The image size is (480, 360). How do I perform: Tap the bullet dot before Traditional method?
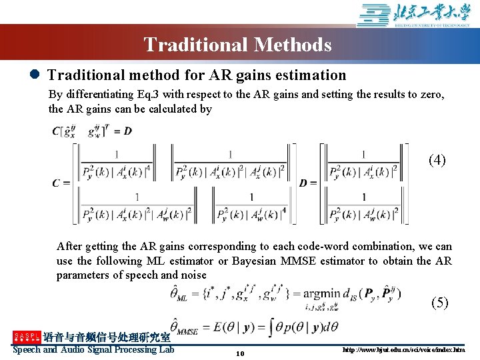[x=34, y=75]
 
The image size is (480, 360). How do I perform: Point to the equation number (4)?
[x=437, y=160]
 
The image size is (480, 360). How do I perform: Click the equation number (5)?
[x=440, y=303]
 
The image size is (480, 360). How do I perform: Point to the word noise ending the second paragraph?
[x=192, y=275]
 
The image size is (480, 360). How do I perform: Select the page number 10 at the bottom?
[x=240, y=353]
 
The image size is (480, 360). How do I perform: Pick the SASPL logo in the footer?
[x=27, y=337]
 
